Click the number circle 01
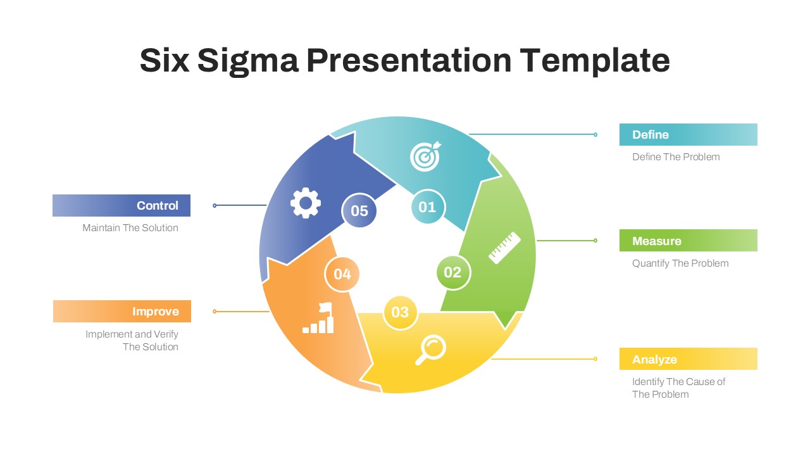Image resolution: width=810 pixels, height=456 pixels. [x=428, y=207]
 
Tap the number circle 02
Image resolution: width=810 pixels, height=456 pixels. [x=453, y=272]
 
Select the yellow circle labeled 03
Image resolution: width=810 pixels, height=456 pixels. [x=400, y=312]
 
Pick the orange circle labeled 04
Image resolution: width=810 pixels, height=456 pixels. [x=342, y=274]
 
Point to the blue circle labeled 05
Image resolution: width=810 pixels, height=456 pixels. [x=359, y=210]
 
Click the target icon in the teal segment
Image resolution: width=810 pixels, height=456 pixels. [x=425, y=156]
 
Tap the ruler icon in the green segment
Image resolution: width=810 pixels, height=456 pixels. [x=504, y=248]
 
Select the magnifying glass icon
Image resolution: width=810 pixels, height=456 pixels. [x=430, y=350]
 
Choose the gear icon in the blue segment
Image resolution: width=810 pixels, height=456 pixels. [x=306, y=203]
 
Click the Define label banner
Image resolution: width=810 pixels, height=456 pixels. [x=688, y=135]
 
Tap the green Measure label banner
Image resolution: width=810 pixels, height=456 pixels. [x=688, y=241]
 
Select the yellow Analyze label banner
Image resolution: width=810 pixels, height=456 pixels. [x=688, y=359]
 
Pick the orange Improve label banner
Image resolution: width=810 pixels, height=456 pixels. [x=122, y=312]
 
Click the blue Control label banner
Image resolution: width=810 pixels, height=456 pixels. [x=121, y=206]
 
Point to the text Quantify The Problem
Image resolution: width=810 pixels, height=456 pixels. [x=680, y=263]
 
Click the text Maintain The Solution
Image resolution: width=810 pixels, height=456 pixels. [x=130, y=228]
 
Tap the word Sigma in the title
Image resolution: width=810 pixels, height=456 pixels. [x=247, y=61]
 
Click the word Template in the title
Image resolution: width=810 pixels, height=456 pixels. [x=595, y=61]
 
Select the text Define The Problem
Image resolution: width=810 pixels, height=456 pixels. [x=676, y=157]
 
